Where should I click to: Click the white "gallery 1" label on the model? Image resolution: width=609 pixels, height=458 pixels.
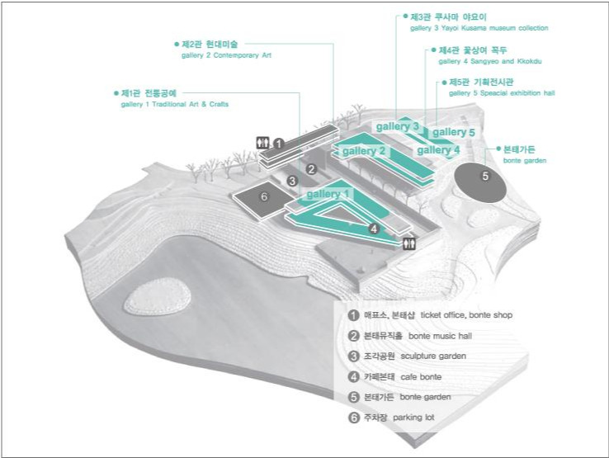pyautogui.click(x=329, y=194)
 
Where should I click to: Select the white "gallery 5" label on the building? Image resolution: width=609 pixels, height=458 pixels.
pyautogui.click(x=454, y=132)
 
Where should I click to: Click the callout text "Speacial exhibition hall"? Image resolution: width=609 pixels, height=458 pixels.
pyautogui.click(x=515, y=94)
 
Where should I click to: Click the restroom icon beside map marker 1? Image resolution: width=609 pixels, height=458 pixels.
pyautogui.click(x=264, y=143)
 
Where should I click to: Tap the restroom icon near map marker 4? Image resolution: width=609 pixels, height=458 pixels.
pyautogui.click(x=410, y=243)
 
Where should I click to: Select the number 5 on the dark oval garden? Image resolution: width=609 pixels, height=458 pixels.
pyautogui.click(x=485, y=175)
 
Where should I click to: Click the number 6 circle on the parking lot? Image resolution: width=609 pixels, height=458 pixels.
pyautogui.click(x=264, y=196)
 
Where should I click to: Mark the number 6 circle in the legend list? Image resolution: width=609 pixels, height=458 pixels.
pyautogui.click(x=353, y=418)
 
